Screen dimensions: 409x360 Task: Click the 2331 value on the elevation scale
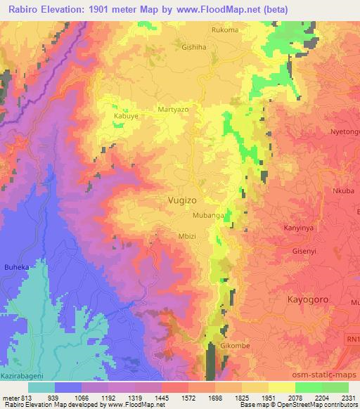pyautogui.click(x=347, y=398)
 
